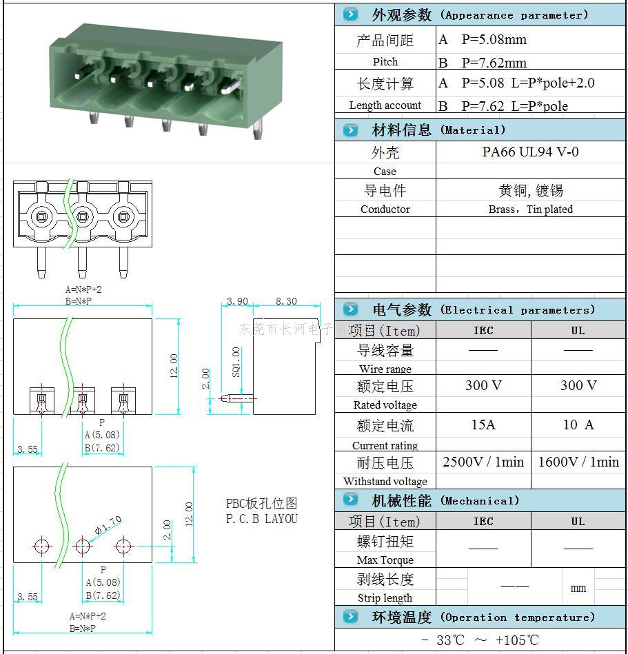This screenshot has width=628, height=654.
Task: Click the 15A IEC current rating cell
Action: pos(483,425)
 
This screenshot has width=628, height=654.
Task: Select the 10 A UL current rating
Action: pos(578,425)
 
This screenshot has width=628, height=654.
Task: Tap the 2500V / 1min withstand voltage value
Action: pos(483,462)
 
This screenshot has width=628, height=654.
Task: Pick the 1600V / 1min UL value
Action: pos(578,462)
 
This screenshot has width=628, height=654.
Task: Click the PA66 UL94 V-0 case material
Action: pos(530,152)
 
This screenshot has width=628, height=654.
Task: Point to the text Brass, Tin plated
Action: pos(530,209)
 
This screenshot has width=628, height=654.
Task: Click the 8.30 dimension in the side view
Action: pos(286,301)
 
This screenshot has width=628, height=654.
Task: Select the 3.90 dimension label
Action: pos(237,301)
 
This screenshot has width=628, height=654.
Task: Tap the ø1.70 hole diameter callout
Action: pos(108,525)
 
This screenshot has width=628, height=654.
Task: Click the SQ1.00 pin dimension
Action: pos(236,362)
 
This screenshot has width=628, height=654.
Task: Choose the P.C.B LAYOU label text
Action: pos(262,518)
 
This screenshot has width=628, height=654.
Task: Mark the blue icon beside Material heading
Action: pos(351,130)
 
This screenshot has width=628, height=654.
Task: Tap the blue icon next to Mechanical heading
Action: pos(351,500)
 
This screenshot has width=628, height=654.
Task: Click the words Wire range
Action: pos(385,369)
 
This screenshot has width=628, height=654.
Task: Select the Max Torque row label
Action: pos(385,560)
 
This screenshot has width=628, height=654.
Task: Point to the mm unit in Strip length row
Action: pos(578,588)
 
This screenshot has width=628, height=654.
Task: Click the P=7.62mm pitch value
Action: pos(494,63)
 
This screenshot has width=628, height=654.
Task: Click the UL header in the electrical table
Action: pos(578,330)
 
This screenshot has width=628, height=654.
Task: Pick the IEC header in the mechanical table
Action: pos(483,522)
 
